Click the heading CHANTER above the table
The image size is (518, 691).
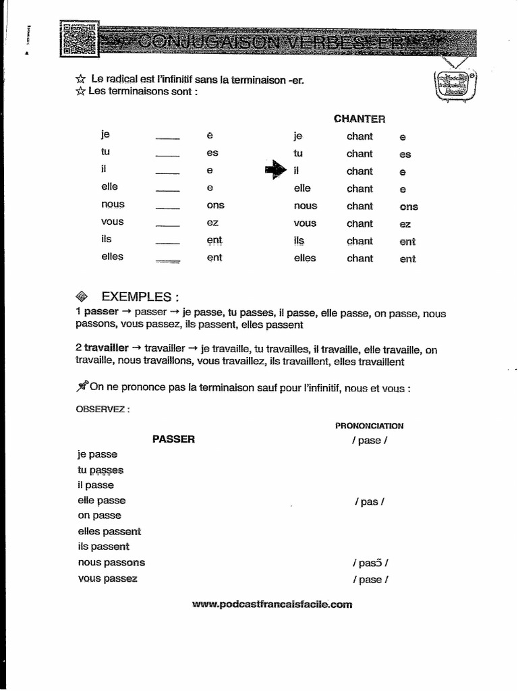[359, 119]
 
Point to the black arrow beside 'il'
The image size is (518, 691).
[276, 170]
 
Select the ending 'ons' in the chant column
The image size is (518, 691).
[409, 207]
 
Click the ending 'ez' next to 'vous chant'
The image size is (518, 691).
[405, 225]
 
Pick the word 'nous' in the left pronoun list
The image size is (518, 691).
[113, 204]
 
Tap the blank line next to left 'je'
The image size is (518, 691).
[167, 138]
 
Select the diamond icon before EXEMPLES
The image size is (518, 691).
[83, 296]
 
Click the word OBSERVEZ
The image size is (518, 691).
[103, 409]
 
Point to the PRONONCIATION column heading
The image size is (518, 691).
[369, 426]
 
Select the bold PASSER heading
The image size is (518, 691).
[173, 439]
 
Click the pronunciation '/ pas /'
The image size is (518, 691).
[370, 502]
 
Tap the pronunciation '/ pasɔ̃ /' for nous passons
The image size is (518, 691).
[370, 563]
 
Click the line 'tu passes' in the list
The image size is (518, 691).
[100, 470]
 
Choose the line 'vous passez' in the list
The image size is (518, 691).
[107, 579]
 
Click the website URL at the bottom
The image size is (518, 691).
[272, 605]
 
